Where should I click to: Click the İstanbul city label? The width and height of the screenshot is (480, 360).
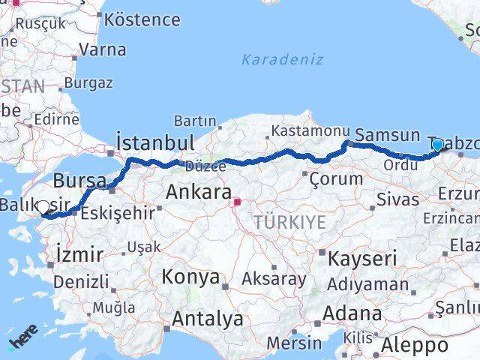coord(156,142)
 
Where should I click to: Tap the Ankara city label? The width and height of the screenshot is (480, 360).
coord(198,192)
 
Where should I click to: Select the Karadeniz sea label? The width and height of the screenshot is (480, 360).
coord(282,59)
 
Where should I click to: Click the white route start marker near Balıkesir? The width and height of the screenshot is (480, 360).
coord(43,208)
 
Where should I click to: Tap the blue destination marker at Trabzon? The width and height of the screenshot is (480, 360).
coord(438,145)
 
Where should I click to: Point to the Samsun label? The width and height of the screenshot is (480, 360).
coord(387,136)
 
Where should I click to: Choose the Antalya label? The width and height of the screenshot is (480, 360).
coord(208,319)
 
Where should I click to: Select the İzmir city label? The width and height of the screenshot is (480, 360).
coord(79,255)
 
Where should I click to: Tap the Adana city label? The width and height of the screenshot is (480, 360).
coord(352,313)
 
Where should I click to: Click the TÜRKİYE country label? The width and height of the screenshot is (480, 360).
coord(289,222)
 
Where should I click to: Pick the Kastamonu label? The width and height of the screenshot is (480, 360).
coord(305,130)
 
